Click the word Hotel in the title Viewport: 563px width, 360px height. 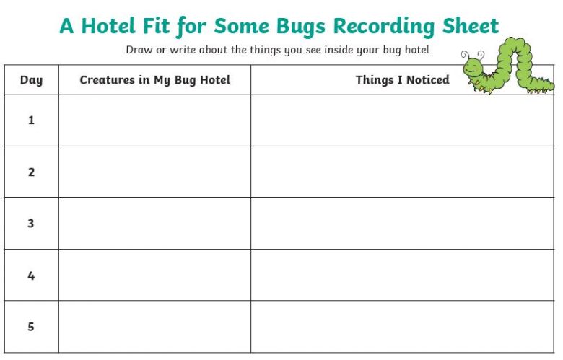[108, 26]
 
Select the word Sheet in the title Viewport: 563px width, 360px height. [471, 26]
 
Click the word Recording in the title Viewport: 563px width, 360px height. [383, 27]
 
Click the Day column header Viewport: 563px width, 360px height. [31, 80]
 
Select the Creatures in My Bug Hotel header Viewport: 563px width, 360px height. [154, 80]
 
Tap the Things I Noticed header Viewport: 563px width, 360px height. [402, 79]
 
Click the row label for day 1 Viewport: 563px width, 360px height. [31, 120]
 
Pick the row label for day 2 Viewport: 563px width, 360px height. [31, 172]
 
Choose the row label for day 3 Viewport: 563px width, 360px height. [31, 223]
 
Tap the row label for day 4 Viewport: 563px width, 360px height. [31, 276]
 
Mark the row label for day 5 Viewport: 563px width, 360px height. [31, 327]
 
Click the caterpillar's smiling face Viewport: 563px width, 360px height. [473, 68]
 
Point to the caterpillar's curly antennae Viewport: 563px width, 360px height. [473, 56]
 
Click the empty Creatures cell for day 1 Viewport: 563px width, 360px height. [154, 120]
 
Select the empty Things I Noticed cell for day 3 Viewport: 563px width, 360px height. [403, 223]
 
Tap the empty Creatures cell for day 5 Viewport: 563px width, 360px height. [154, 327]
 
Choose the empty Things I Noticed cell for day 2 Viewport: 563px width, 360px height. [403, 172]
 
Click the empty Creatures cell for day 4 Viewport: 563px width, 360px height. [154, 275]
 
